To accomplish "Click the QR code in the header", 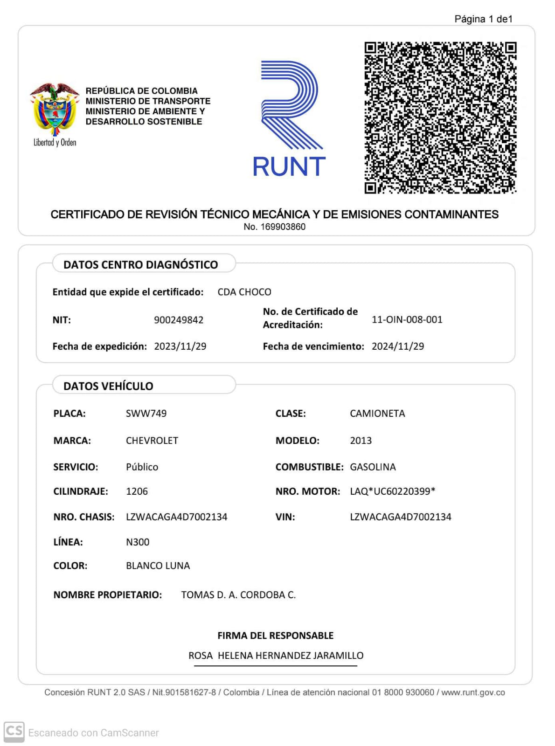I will pyautogui.click(x=440, y=117).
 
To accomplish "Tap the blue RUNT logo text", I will pyautogui.click(x=289, y=166).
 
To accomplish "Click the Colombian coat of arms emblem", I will pyautogui.click(x=54, y=109).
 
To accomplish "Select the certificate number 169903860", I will pyautogui.click(x=282, y=227).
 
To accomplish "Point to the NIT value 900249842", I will pyautogui.click(x=179, y=320).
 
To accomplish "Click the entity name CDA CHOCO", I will pyautogui.click(x=244, y=292).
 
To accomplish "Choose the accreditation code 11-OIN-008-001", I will pyautogui.click(x=407, y=320).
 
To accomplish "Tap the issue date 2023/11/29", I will pyautogui.click(x=180, y=346).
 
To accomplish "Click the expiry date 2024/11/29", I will pyautogui.click(x=398, y=346).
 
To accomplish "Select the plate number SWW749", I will pyautogui.click(x=146, y=414).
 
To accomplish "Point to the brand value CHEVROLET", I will pyautogui.click(x=152, y=441).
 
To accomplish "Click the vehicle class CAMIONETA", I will pyautogui.click(x=377, y=414).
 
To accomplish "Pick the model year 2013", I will pyautogui.click(x=361, y=441).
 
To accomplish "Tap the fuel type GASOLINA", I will pyautogui.click(x=373, y=467).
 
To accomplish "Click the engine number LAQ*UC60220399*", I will pyautogui.click(x=392, y=491).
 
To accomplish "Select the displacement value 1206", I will pyautogui.click(x=137, y=491).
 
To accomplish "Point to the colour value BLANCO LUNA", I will pyautogui.click(x=158, y=566).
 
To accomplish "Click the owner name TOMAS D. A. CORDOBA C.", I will pyautogui.click(x=238, y=595).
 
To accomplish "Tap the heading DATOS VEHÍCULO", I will pyautogui.click(x=108, y=386).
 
